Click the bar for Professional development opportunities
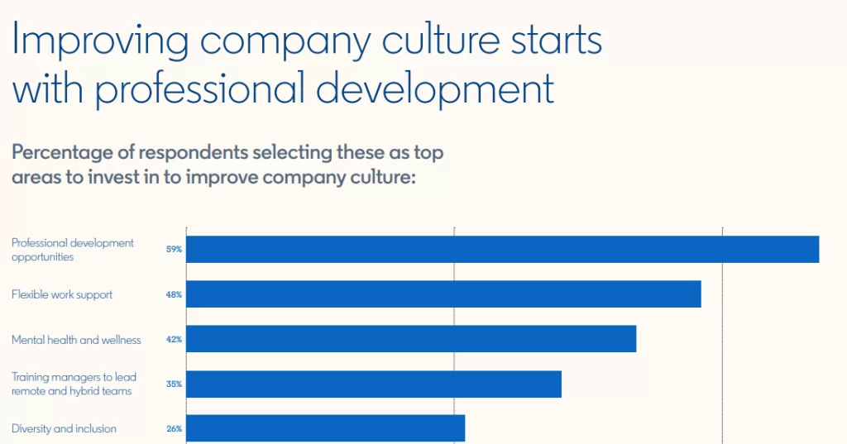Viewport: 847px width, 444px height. pos(502,250)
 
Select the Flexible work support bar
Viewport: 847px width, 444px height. pos(443,294)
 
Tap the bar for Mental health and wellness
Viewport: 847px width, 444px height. pos(411,339)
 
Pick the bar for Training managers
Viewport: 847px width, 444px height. pos(374,384)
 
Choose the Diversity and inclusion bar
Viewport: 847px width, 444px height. pos(326,428)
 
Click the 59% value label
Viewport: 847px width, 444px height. pos(174,250)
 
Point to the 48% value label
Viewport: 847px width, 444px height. pos(174,294)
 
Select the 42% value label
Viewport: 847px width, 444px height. pos(174,339)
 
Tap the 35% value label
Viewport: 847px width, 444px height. pos(174,384)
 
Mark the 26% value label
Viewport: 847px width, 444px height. pos(174,429)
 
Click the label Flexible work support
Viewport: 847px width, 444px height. pos(62,294)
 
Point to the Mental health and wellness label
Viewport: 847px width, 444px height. pos(76,339)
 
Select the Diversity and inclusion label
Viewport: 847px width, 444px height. pos(64,429)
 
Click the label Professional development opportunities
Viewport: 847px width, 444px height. pos(73,250)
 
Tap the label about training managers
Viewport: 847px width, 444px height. pos(74,384)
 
